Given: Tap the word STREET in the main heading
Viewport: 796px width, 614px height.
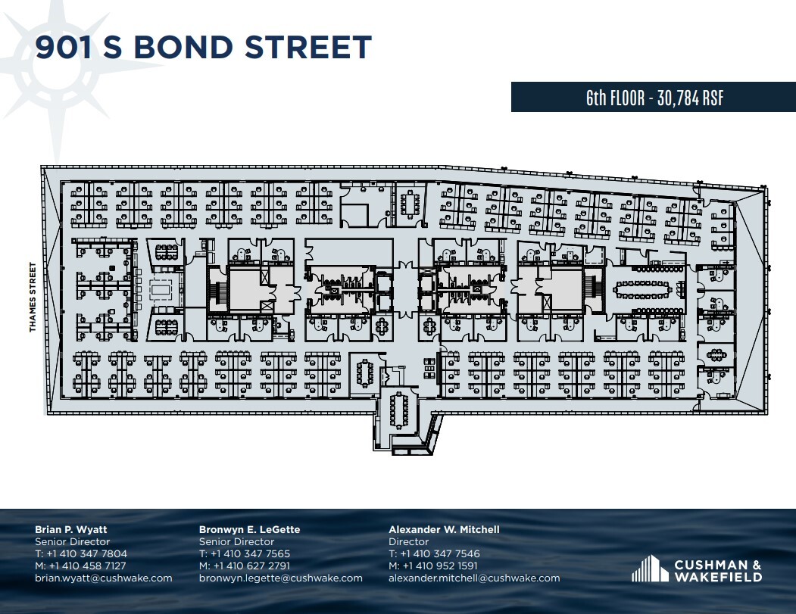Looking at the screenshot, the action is point(308,47).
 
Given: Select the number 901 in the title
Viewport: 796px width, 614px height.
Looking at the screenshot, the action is point(66,47).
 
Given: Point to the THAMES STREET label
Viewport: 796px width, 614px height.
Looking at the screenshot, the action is point(33,297).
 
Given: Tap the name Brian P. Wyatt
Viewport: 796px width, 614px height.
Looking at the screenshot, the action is point(71,529).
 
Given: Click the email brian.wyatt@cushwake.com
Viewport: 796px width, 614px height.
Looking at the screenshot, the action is point(104,578).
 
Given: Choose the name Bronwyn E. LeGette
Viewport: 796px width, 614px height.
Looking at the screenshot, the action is point(249,529).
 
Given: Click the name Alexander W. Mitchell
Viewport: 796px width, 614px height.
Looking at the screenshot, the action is point(444,529).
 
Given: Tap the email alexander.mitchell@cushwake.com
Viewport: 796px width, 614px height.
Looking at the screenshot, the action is point(474,578).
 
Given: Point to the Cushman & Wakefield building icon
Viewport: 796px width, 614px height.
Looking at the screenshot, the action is point(646,569).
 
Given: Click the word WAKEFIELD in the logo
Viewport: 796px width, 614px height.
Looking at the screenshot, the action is point(720,577).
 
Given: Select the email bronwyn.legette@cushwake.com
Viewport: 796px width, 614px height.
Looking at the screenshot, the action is point(281,578).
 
